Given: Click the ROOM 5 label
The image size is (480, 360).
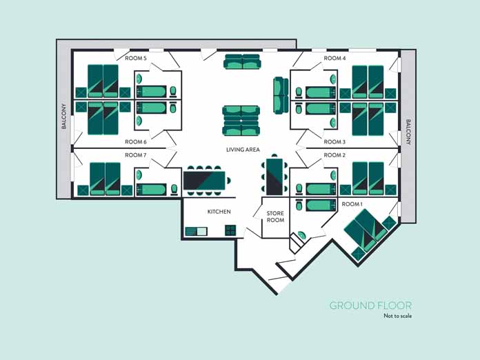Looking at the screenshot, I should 135,59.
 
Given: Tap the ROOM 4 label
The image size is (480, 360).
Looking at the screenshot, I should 334,59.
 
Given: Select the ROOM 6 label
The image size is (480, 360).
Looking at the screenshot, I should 135,142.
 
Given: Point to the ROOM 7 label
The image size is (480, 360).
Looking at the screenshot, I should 135,155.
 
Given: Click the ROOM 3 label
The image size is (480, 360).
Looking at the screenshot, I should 334,142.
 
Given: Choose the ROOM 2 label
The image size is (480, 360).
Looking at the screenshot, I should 334,155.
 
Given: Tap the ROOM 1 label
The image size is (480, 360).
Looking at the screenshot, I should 352,204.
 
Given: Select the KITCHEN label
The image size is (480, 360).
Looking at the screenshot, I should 219,212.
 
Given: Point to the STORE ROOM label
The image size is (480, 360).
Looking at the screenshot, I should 275,217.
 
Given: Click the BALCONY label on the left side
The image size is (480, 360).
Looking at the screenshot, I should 63,117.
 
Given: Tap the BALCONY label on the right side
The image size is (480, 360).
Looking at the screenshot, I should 408,132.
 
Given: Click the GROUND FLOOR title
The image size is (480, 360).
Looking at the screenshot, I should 370,306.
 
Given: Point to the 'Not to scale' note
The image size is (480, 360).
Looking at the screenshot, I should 397,317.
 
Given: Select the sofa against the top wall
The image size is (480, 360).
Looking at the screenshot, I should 242,62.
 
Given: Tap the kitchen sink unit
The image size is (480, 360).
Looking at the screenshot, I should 196,230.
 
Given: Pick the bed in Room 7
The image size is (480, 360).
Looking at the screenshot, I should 105,179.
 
